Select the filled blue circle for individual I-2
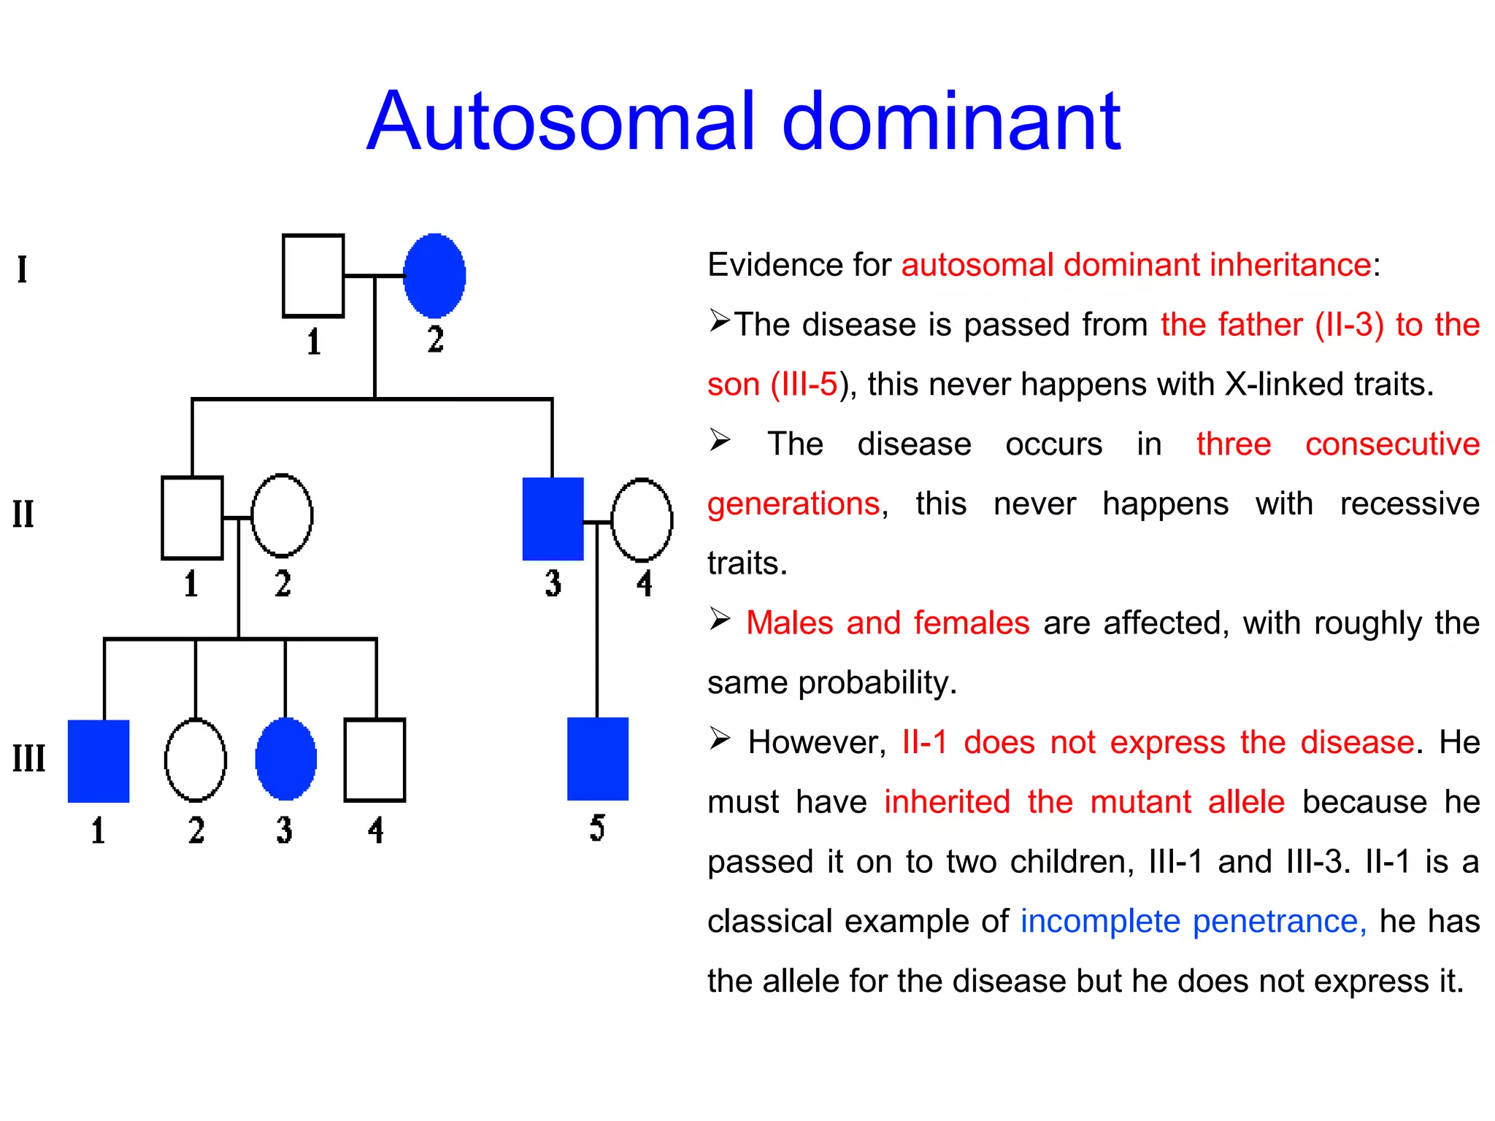[x=435, y=276]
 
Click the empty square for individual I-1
[x=313, y=276]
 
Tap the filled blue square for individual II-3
[x=553, y=519]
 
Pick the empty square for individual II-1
[x=192, y=518]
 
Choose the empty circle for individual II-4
[x=642, y=520]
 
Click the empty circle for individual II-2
[x=282, y=516]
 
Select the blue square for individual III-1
[x=99, y=761]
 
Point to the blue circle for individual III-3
[x=286, y=759]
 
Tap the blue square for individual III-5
[x=598, y=759]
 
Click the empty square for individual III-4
[x=374, y=760]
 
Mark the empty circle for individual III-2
[x=196, y=760]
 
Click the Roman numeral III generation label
[x=29, y=758]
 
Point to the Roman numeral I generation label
[x=23, y=269]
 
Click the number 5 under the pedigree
[x=597, y=828]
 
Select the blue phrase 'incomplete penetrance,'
[x=1193, y=921]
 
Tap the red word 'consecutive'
[x=1392, y=444]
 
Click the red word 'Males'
[x=789, y=623]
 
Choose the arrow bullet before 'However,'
[x=720, y=739]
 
